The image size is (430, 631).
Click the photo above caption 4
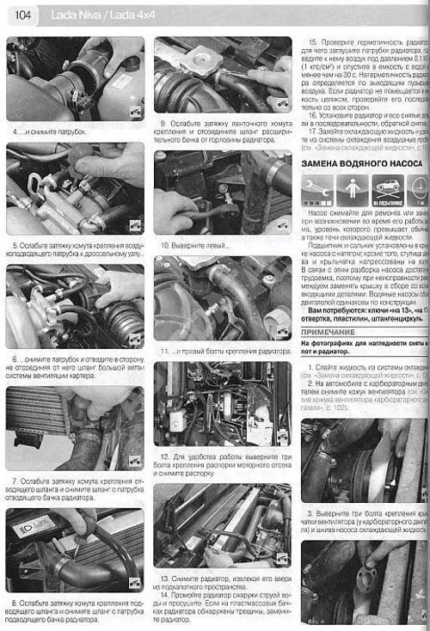click(x=74, y=79)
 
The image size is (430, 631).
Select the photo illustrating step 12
click(x=222, y=404)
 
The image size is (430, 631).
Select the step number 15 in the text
click(x=312, y=42)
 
